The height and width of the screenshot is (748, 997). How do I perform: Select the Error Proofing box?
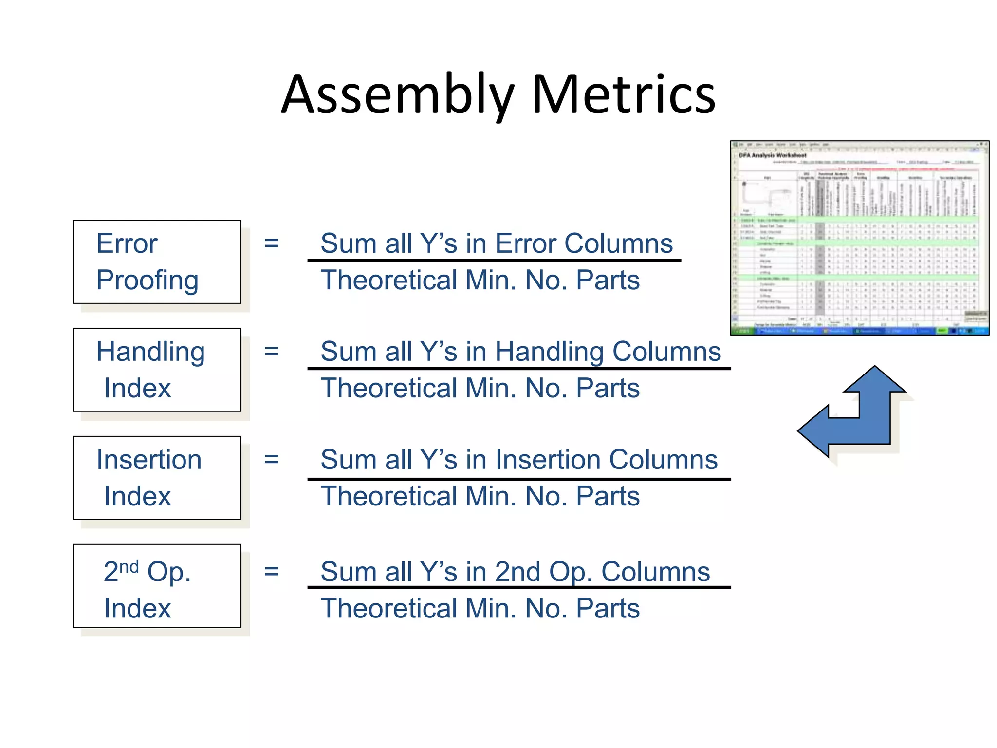pyautogui.click(x=157, y=262)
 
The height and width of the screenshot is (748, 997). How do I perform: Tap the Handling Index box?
pyautogui.click(x=157, y=370)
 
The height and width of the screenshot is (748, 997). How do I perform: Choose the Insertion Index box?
pyautogui.click(x=157, y=478)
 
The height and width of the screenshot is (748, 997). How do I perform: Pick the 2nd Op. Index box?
pyautogui.click(x=157, y=586)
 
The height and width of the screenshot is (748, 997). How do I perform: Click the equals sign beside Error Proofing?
pyautogui.click(x=271, y=243)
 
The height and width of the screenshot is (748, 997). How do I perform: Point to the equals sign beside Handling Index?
pyautogui.click(x=271, y=351)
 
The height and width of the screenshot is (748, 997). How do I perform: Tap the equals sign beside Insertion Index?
pyautogui.click(x=271, y=459)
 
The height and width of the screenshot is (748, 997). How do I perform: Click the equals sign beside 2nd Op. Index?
pyautogui.click(x=271, y=571)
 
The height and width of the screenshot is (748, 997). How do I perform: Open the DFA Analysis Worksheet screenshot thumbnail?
pyautogui.click(x=859, y=238)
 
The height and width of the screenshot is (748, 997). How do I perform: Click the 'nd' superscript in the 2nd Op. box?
pyautogui.click(x=129, y=566)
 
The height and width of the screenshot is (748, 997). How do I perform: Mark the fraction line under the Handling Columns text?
pyautogui.click(x=519, y=369)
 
